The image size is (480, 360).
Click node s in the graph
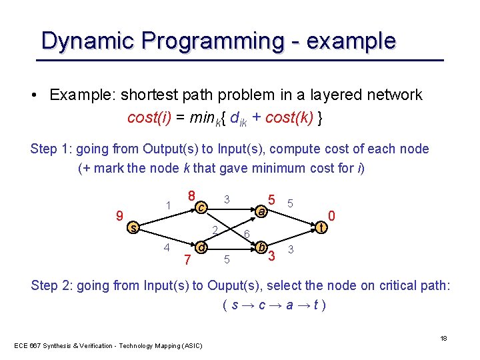point(133,228)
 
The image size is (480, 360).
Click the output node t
point(322,228)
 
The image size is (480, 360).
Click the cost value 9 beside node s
point(119,216)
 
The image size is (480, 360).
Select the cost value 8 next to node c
point(191,197)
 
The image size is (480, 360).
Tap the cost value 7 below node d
point(188,259)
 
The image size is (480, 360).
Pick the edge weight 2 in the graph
point(214,231)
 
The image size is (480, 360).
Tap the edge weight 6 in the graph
point(247,235)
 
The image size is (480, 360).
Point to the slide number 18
point(443,339)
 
